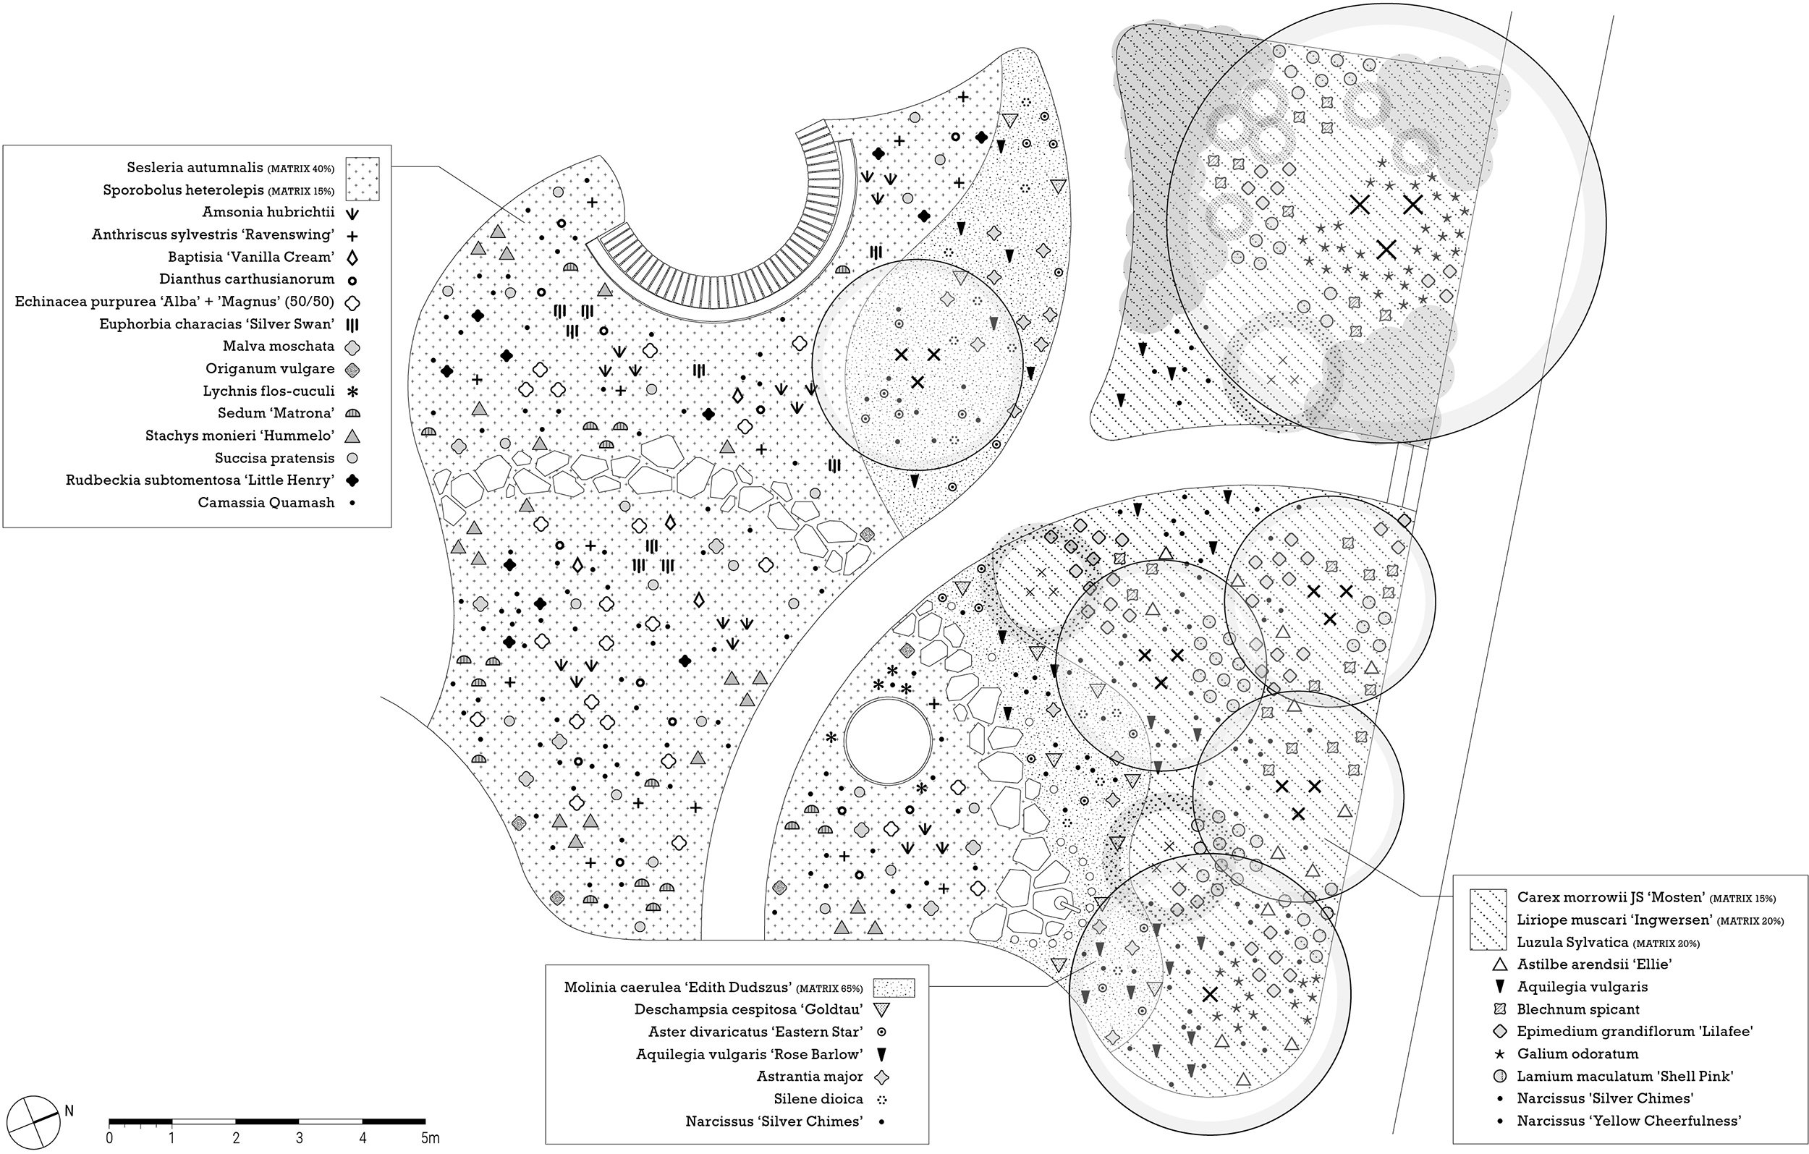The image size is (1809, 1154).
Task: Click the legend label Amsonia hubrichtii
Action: [x=268, y=213]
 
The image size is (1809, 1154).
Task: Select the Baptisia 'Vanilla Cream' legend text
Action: [x=251, y=257]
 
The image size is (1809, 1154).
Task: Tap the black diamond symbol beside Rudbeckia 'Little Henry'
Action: [x=352, y=480]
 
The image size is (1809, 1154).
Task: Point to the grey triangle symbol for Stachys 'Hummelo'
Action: [x=352, y=436]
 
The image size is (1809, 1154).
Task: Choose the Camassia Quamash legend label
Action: [x=266, y=503]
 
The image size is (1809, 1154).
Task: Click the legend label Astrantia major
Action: [x=810, y=1077]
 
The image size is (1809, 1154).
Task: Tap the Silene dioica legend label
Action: [x=818, y=1099]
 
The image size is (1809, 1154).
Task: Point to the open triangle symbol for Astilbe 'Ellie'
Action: [x=1499, y=964]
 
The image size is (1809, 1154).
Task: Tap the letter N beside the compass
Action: [x=70, y=1111]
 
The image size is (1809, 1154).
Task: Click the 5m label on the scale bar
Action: [x=430, y=1138]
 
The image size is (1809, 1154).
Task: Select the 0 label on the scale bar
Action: [x=110, y=1138]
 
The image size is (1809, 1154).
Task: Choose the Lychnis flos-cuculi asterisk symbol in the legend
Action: [x=352, y=391]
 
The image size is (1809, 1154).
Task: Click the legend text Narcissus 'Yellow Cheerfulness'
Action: [x=1629, y=1121]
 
